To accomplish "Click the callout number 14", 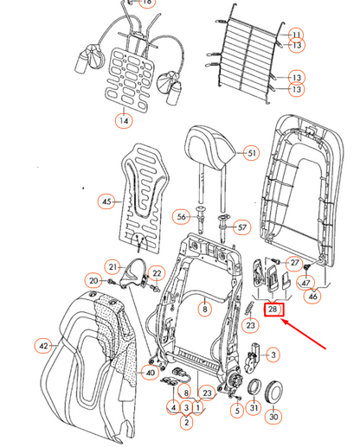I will click(x=124, y=121).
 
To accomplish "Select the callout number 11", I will click(x=296, y=34).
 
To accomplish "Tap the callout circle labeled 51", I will click(x=251, y=153).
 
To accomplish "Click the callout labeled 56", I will click(x=182, y=216).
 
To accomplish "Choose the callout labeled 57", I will click(x=241, y=227).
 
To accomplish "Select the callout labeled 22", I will click(x=157, y=273).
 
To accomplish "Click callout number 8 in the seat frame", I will click(x=204, y=307).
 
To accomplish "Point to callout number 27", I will click(x=294, y=263).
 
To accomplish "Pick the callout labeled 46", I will click(x=312, y=297).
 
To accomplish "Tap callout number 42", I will click(x=44, y=345).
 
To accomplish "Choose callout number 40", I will click(x=151, y=373).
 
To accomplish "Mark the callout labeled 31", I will click(x=254, y=407).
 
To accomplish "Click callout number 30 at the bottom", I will click(x=274, y=417).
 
